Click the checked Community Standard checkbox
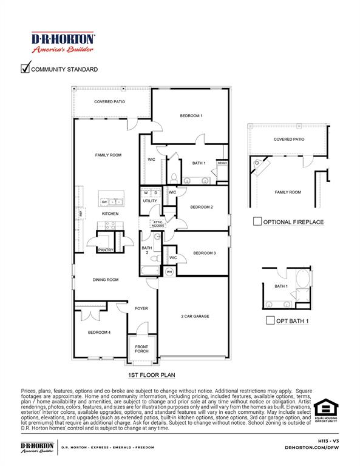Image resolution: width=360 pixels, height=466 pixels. coord(25,69)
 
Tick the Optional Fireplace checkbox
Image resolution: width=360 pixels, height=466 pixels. coord(257,221)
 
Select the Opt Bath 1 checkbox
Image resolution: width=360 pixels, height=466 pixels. coord(271,320)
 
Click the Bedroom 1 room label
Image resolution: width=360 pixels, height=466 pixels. coord(191,115)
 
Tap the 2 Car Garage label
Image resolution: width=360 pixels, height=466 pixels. coord(195,316)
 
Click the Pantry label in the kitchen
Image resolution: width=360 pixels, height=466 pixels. coord(106,249)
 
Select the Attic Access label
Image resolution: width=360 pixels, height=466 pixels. coord(158,224)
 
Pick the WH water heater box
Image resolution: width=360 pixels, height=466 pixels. coord(169,272)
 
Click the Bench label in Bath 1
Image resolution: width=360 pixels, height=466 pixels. coord(222,163)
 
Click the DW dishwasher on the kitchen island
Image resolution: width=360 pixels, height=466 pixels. coord(104,202)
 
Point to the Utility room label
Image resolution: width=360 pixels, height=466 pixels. coord(150,201)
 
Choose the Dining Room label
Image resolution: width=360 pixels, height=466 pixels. coord(106,280)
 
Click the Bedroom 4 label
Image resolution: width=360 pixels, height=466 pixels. coord(99,332)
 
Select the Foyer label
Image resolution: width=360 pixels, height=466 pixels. coord(141,309)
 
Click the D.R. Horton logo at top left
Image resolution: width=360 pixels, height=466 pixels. coord(63,42)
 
